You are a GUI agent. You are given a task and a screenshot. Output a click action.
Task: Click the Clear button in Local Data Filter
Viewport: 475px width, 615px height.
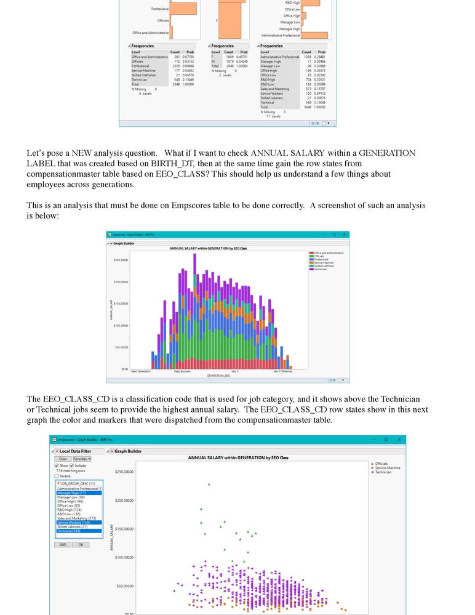63,459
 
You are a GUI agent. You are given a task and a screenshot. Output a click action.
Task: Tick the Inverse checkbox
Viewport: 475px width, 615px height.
57,476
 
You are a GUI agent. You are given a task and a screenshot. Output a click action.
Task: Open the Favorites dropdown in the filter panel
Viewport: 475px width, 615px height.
81,459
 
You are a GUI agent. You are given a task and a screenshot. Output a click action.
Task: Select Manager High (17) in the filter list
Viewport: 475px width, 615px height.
71,493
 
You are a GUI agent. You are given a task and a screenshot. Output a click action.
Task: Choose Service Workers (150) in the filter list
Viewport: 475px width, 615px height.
73,523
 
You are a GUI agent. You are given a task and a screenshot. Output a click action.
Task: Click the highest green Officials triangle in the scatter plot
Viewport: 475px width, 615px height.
209,484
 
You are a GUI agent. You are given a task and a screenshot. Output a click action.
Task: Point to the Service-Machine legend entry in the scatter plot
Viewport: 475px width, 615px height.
386,468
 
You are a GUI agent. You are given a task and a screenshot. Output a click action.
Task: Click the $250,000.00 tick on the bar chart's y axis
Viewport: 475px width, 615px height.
122,260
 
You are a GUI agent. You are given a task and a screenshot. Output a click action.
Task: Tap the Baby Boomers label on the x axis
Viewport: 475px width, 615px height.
183,371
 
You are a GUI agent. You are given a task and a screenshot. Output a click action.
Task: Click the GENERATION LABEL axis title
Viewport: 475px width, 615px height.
218,376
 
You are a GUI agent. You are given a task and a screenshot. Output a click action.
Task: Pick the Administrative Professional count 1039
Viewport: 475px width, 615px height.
308,57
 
